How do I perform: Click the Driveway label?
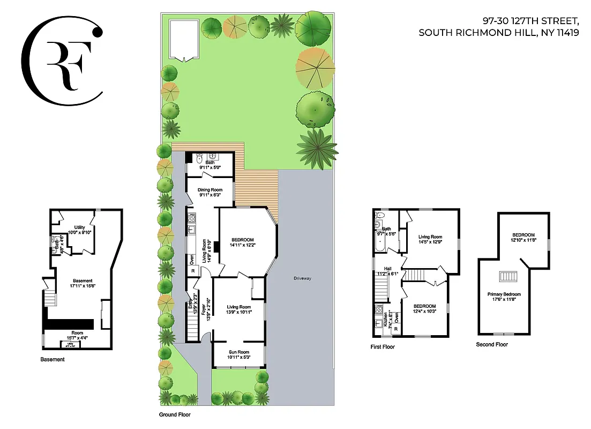[x=302, y=278]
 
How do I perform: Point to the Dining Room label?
[x=210, y=189]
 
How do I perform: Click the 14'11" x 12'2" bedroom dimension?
[x=243, y=246]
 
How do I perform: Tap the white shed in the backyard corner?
[x=184, y=40]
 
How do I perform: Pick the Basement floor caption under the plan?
[x=53, y=359]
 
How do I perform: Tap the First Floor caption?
[x=383, y=347]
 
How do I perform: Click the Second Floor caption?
[x=492, y=344]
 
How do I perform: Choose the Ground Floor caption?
[x=175, y=415]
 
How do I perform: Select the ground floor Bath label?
[x=210, y=162]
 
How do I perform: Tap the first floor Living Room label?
[x=430, y=236]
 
